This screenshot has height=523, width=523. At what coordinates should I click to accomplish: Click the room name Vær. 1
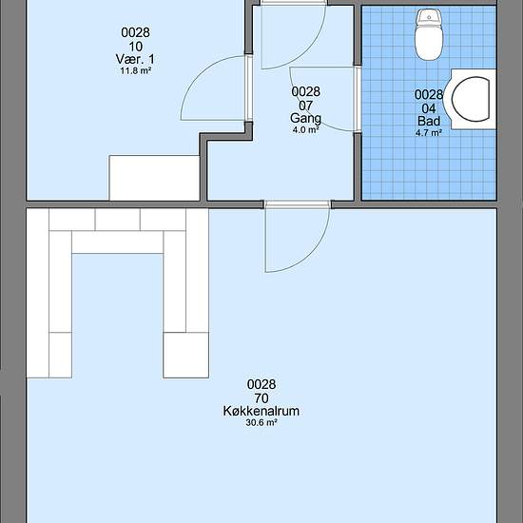[135, 59]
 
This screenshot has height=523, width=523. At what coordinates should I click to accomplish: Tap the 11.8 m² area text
[136, 70]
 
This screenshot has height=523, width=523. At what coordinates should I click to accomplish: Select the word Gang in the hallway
[305, 119]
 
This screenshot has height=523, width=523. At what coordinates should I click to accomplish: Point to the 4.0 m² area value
[305, 129]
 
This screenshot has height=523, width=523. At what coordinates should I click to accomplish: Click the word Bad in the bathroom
[429, 121]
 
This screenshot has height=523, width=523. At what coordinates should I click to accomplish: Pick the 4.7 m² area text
[429, 132]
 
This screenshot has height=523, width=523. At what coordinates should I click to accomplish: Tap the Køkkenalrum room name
[261, 411]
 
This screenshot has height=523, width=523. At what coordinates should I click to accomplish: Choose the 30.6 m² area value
[261, 422]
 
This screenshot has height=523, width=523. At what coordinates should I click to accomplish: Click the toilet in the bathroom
[429, 34]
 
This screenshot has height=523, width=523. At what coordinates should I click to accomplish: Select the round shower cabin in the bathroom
[474, 99]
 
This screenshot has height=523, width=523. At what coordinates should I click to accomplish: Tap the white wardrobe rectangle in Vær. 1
[154, 178]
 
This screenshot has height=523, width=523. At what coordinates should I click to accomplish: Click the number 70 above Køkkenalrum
[261, 397]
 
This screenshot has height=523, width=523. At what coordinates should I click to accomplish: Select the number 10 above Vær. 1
[135, 47]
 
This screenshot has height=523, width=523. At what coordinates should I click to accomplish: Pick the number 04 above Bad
[429, 108]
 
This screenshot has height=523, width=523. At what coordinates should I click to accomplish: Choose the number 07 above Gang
[305, 106]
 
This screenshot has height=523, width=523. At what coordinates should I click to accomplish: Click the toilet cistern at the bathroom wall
[429, 16]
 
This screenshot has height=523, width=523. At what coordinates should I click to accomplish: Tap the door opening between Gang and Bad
[358, 99]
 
